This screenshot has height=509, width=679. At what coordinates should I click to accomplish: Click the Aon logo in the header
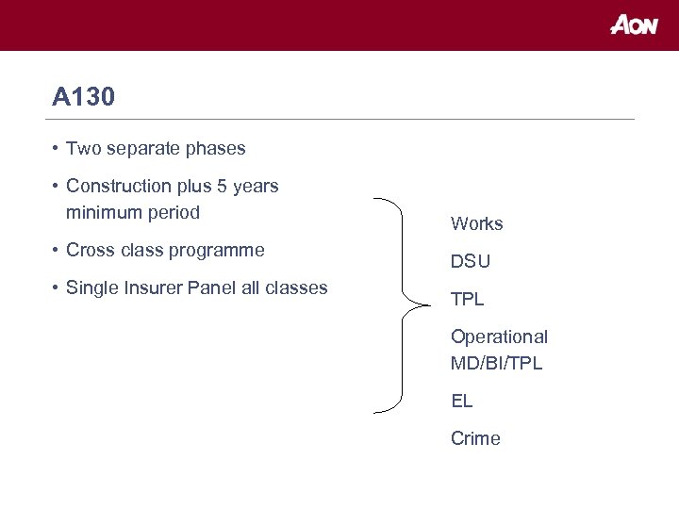[x=633, y=25]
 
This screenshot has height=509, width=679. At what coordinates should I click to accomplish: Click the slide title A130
[x=84, y=97]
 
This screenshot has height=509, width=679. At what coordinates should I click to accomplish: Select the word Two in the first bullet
[x=82, y=148]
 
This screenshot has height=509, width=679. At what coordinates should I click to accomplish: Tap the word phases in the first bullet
[x=215, y=148]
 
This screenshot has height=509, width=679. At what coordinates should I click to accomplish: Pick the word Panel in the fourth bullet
[x=212, y=287]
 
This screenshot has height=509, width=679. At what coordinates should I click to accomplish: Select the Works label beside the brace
[x=476, y=223]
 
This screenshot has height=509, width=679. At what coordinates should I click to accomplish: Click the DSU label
[x=471, y=261]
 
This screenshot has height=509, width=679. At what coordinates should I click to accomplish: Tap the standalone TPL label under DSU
[x=467, y=299]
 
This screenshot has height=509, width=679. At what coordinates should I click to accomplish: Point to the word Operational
[x=499, y=337]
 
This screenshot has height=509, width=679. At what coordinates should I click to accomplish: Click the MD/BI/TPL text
[x=496, y=363]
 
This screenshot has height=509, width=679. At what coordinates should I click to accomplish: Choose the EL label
[x=461, y=401]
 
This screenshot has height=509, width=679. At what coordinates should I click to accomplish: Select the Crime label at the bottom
[x=475, y=438]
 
